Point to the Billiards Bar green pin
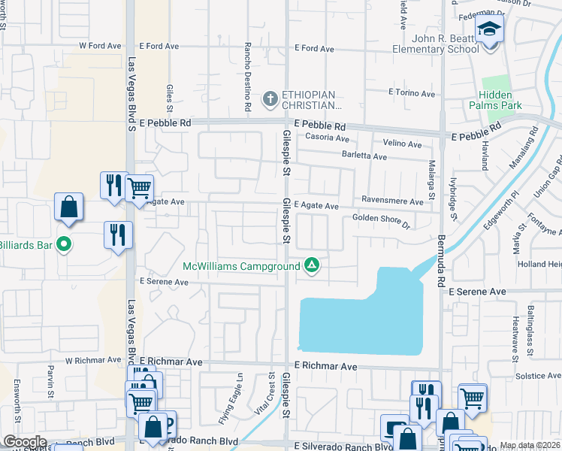(64, 244)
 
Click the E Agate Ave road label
(316, 205)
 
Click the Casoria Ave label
(328, 138)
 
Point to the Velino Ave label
(403, 143)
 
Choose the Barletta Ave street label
(365, 156)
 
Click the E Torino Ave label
(412, 94)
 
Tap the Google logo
(25, 442)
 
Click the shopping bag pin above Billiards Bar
(68, 208)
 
